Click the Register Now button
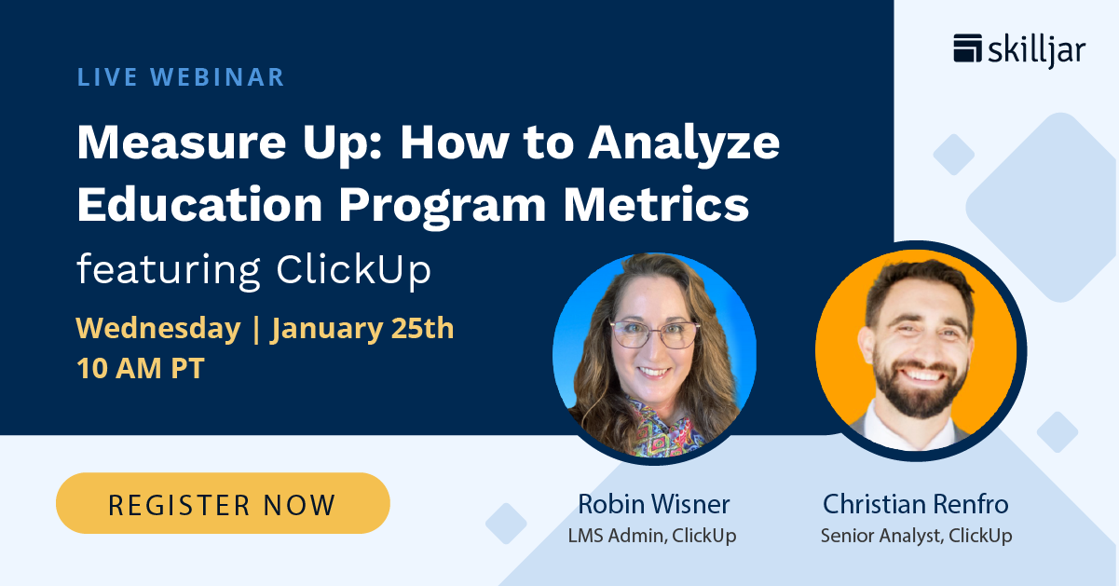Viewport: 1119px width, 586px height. tap(223, 504)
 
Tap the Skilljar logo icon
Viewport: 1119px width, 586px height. tap(968, 48)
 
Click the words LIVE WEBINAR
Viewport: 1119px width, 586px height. tap(181, 76)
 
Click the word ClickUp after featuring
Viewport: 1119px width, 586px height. tap(354, 270)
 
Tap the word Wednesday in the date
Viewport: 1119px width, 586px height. tap(157, 329)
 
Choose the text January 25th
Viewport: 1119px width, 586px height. tap(362, 329)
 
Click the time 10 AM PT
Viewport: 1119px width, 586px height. tap(141, 368)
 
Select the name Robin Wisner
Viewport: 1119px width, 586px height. tap(653, 504)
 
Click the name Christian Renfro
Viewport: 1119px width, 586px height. tap(915, 504)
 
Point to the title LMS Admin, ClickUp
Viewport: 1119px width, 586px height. tap(652, 536)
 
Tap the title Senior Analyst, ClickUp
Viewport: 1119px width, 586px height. tap(916, 536)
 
